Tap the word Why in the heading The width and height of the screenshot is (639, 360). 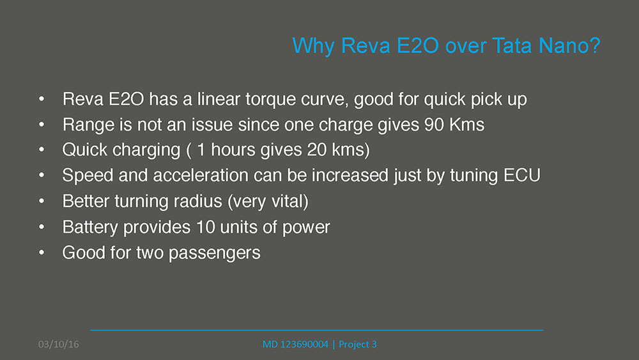(x=313, y=45)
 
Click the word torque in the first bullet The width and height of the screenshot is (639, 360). (x=270, y=100)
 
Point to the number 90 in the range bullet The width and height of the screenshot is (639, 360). (x=434, y=125)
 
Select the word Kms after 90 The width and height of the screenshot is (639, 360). (x=467, y=125)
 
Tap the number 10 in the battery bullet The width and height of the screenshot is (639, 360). (x=206, y=227)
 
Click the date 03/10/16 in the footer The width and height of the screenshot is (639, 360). (x=59, y=345)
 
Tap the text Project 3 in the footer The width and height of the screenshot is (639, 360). (x=357, y=345)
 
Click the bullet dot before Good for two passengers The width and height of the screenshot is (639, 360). (x=42, y=253)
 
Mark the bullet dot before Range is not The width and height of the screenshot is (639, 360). (x=42, y=124)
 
